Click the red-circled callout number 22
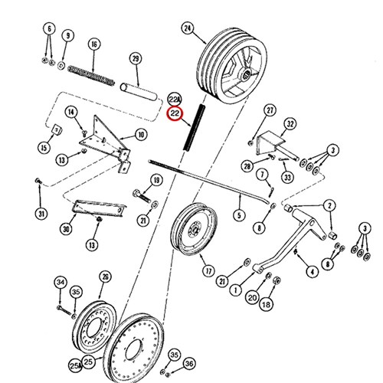(175, 113)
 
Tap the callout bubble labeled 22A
(174, 99)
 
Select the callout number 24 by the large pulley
(188, 28)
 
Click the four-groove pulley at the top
(232, 65)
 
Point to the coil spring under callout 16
(91, 75)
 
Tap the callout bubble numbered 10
(141, 134)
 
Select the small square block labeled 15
(57, 129)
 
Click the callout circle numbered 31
(41, 213)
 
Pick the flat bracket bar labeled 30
(99, 208)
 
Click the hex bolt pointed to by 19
(142, 196)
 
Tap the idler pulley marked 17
(195, 230)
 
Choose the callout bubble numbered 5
(239, 215)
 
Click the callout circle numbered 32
(290, 124)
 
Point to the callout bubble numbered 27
(270, 110)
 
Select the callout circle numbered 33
(287, 177)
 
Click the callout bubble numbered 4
(313, 272)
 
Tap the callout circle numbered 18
(266, 304)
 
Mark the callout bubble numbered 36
(189, 364)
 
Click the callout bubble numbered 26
(106, 277)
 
